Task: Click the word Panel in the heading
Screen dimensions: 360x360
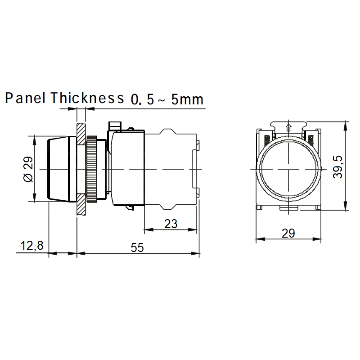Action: click(25, 98)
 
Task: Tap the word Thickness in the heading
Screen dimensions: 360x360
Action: click(87, 98)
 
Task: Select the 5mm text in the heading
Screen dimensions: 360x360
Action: click(187, 99)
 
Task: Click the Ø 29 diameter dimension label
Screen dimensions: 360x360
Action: click(28, 169)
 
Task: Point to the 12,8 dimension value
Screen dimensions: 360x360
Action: click(32, 245)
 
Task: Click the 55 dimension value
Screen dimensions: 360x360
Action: click(137, 247)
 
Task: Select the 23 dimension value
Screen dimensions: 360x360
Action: click(171, 224)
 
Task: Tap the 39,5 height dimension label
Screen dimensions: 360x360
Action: click(338, 167)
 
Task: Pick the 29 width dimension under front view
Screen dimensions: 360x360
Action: click(288, 233)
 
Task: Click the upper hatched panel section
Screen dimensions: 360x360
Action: click(81, 134)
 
